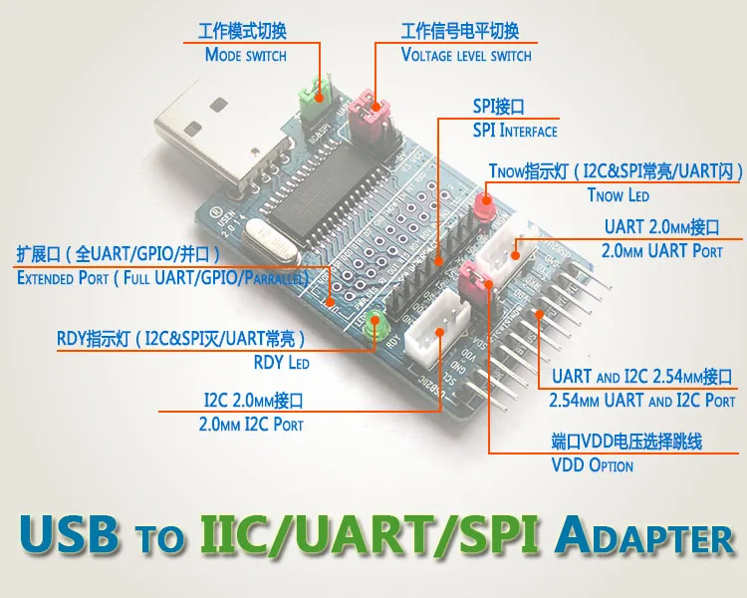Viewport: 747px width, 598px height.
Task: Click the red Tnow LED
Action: point(484,207)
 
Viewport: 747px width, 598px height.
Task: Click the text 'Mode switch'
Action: point(245,55)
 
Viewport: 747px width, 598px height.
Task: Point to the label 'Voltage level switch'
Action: point(465,55)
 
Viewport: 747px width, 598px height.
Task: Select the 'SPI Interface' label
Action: point(514,131)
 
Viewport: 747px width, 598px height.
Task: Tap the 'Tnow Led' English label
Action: point(619,195)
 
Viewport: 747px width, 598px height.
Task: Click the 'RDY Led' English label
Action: point(281,362)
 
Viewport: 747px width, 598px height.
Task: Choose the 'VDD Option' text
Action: point(592,465)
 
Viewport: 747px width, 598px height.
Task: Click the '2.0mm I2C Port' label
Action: point(252,424)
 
